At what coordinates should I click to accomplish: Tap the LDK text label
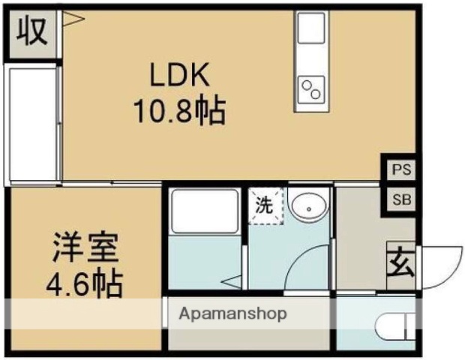click(179, 76)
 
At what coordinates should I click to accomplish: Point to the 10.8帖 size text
click(179, 112)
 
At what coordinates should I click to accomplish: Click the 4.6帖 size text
click(85, 283)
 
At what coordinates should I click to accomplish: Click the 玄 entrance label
click(397, 264)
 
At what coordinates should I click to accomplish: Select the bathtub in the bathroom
click(204, 211)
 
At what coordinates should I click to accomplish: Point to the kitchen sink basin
click(310, 31)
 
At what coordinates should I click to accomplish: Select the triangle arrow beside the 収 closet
click(72, 19)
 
